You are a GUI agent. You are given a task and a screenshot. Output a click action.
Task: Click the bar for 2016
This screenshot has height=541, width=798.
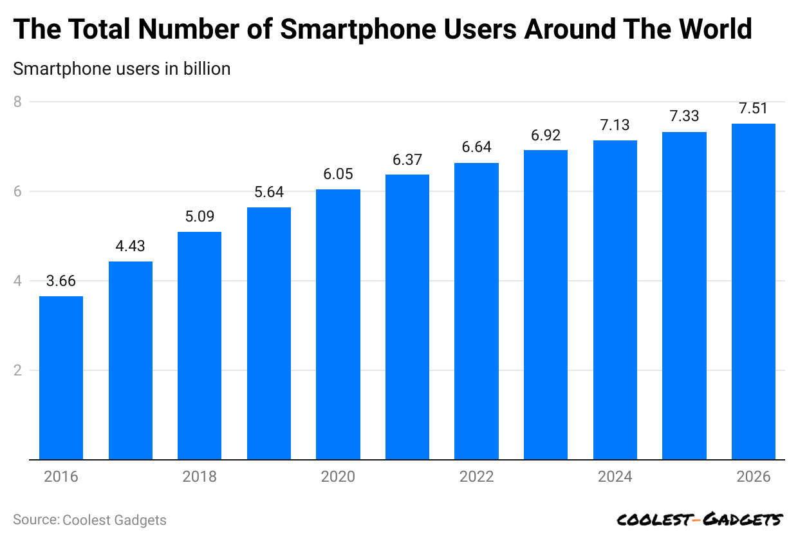pyautogui.click(x=61, y=378)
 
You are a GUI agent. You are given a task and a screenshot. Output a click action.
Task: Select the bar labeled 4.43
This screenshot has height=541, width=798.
pyautogui.click(x=131, y=361)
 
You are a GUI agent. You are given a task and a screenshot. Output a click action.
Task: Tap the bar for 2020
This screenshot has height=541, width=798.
pyautogui.click(x=338, y=325)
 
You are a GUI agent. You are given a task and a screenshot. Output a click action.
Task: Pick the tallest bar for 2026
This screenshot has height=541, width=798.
pyautogui.click(x=754, y=292)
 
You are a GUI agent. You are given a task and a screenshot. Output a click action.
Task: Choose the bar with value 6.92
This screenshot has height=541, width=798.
pyautogui.click(x=546, y=305)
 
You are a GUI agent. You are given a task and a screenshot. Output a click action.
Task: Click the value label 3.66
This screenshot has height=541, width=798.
pyautogui.click(x=61, y=281)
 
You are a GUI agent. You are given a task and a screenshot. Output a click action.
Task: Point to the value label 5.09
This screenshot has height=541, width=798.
pyautogui.click(x=199, y=216)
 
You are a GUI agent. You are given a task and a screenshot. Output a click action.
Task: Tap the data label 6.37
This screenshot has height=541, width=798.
pyautogui.click(x=407, y=159)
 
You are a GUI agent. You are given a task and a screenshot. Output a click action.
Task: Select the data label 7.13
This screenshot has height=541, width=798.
pyautogui.click(x=615, y=125)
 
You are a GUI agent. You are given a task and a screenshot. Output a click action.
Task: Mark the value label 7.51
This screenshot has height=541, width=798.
pyautogui.click(x=754, y=108)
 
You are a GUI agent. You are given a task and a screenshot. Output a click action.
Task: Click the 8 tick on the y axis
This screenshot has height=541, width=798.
pyautogui.click(x=17, y=102)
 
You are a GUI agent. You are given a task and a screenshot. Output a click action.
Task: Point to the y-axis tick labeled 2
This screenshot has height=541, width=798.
pyautogui.click(x=17, y=370)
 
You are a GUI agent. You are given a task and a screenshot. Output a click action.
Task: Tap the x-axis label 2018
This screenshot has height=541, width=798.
pyautogui.click(x=199, y=477)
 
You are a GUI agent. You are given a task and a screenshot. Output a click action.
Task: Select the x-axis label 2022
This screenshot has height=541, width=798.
pyautogui.click(x=476, y=477)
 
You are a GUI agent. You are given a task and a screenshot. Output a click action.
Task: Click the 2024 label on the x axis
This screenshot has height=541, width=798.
pyautogui.click(x=615, y=477)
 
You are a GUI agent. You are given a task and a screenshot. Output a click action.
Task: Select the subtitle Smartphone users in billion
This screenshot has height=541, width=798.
pyautogui.click(x=122, y=68)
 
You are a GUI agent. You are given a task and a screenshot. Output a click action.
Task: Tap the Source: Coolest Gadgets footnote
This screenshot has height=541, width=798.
pyautogui.click(x=89, y=520)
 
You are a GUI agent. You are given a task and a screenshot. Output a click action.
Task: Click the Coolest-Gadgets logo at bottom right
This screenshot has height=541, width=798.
pyautogui.click(x=700, y=519)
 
